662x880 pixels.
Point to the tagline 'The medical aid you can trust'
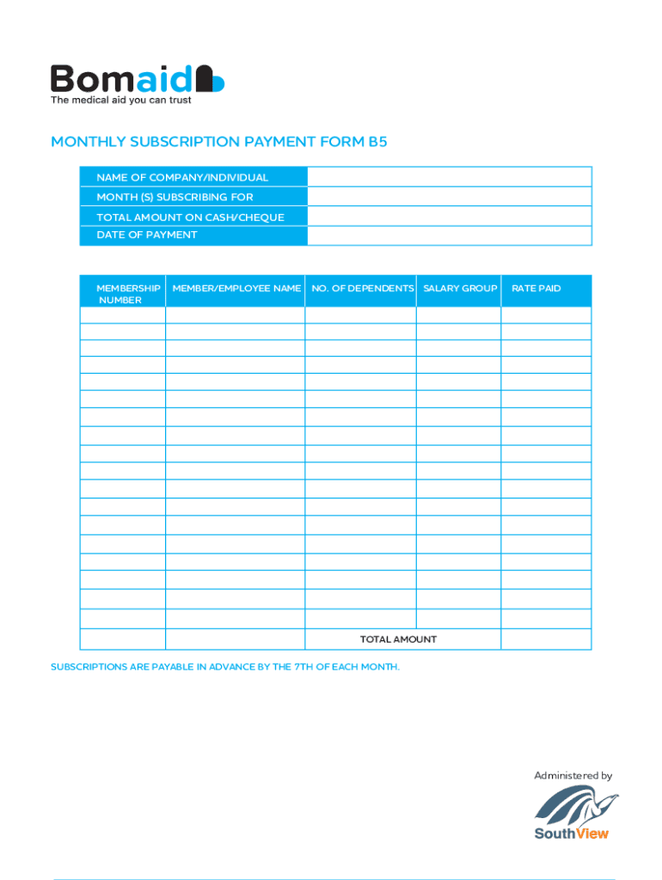[x=120, y=101]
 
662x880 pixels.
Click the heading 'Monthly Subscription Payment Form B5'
[x=219, y=142]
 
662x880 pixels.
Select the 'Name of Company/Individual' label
[x=182, y=178]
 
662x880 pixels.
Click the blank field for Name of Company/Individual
[x=449, y=177]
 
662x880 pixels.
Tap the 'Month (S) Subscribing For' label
[x=175, y=198]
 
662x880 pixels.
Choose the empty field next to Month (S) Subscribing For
[x=449, y=197]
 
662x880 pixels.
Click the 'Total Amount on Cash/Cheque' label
[x=190, y=217]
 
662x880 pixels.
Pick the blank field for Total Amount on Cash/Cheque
[x=449, y=217]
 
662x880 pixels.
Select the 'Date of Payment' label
[x=147, y=235]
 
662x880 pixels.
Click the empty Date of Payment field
[x=449, y=235]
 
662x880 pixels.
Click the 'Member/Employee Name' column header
[x=236, y=289]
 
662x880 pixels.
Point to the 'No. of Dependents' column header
[x=362, y=289]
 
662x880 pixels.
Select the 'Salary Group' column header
[x=460, y=289]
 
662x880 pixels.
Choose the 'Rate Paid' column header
[x=536, y=289]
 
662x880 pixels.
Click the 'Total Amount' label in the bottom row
[x=398, y=639]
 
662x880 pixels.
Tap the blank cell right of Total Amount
[x=546, y=639]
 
